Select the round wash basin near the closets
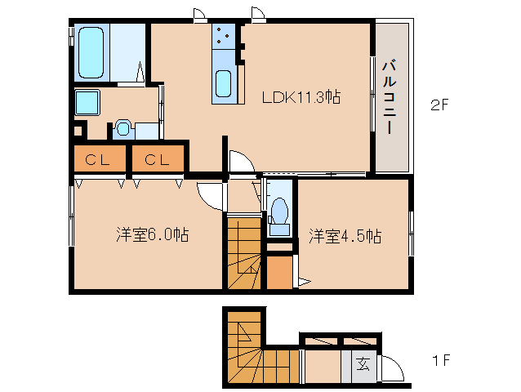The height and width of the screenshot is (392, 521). (123, 127)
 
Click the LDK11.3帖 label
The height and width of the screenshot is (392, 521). (301, 96)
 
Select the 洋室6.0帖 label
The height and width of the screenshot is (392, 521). (152, 235)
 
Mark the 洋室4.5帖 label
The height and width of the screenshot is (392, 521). (344, 236)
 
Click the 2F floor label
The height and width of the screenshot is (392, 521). (442, 105)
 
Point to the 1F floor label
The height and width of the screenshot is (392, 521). (442, 360)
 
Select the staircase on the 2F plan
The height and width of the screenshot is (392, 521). (243, 252)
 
